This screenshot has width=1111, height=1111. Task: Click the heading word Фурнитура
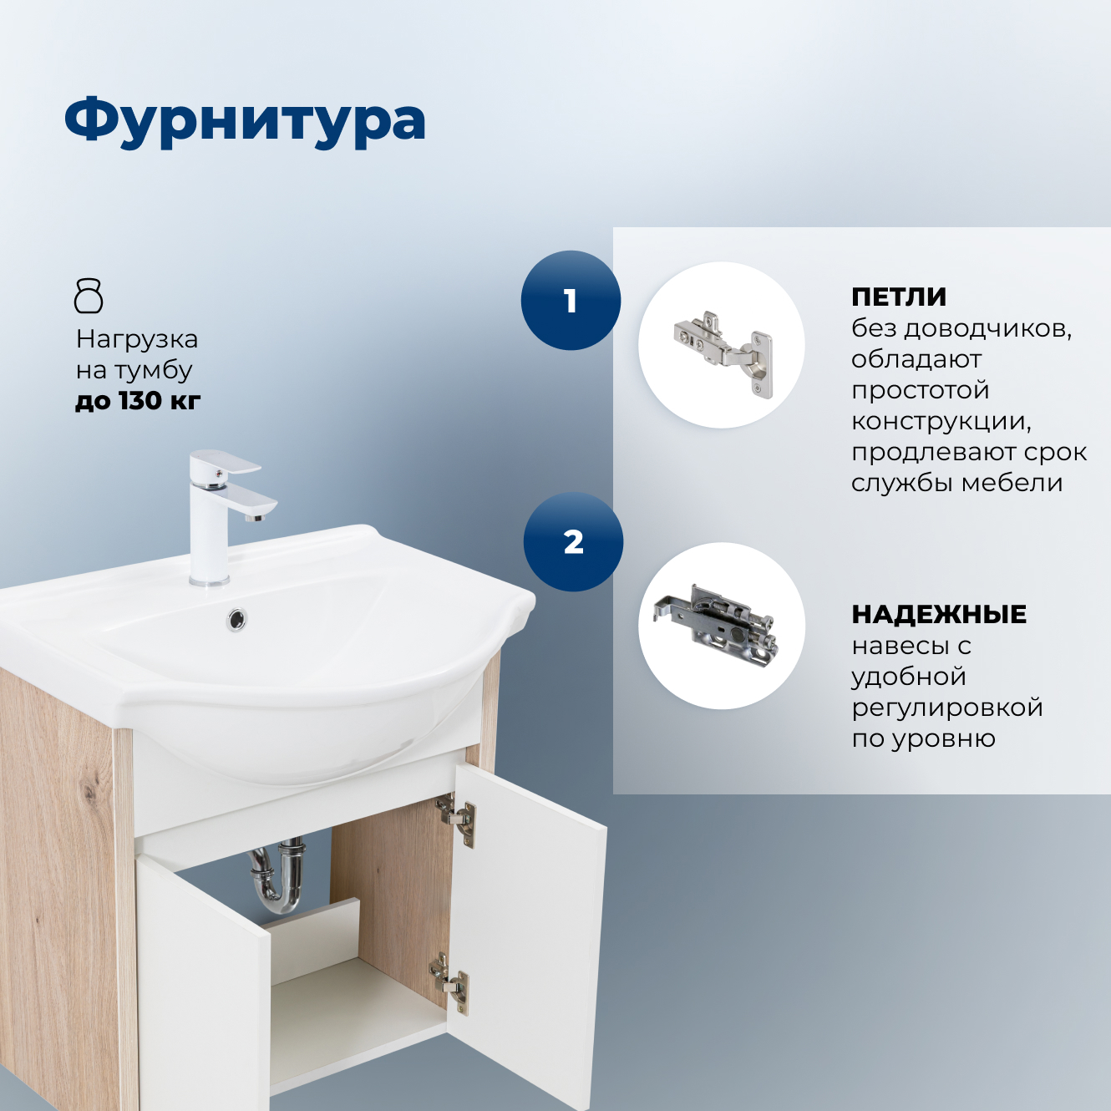pos(245,121)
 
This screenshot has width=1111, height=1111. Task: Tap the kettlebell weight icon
pos(89,296)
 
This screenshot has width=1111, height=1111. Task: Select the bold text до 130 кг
pos(138,401)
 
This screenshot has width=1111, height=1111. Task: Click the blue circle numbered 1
pos(571,301)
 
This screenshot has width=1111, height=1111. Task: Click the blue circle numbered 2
pos(573,542)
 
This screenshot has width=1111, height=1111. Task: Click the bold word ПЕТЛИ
pos(899,297)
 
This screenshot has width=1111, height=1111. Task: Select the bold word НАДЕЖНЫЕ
pos(939,614)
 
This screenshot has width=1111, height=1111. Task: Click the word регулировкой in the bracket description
pos(947,708)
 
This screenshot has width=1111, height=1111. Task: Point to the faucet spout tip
pos(254,516)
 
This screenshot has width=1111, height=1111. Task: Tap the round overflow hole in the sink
pos(237,619)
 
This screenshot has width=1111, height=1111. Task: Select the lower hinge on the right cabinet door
pos(450,981)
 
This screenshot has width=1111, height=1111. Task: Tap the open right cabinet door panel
pos(526,936)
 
